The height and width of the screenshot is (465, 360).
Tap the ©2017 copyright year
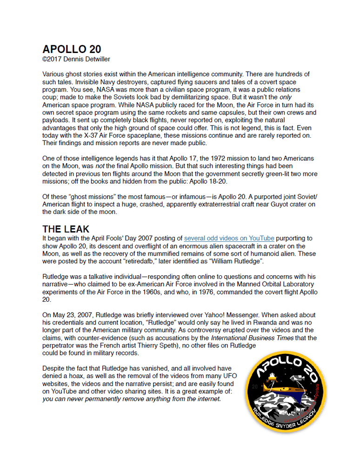coord(53,59)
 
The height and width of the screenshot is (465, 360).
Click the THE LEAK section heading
coord(66,229)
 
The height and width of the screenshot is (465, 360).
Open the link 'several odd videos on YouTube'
coord(229,239)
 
